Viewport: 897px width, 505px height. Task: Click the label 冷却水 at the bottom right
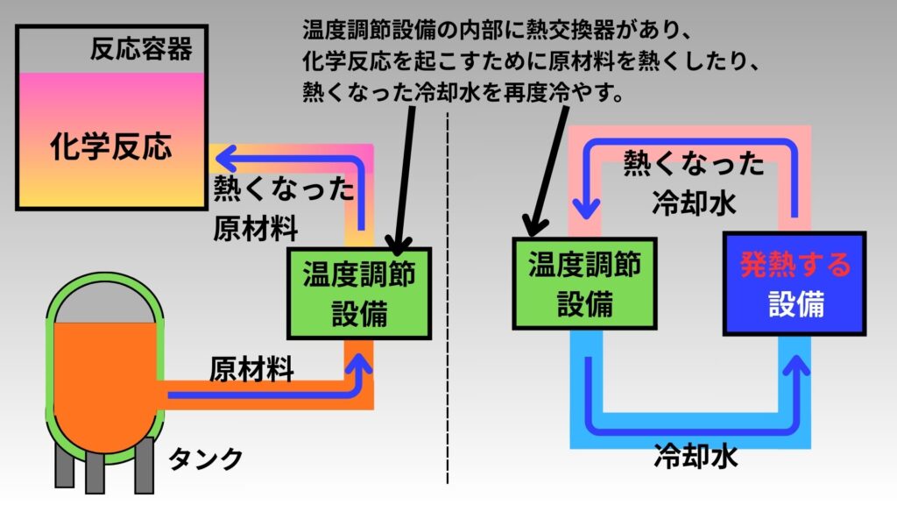click(x=696, y=457)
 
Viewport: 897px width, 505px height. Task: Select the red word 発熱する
click(x=795, y=264)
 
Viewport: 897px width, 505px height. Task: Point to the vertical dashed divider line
click(x=448, y=307)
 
